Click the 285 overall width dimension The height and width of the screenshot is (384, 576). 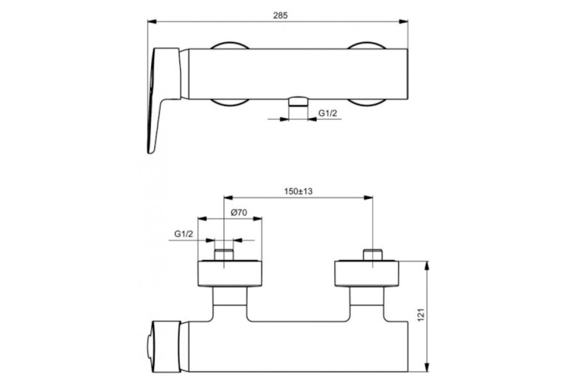pos(280,15)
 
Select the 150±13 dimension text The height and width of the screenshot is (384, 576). pos(298,191)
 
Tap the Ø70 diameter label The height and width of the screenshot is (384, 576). pos(239,213)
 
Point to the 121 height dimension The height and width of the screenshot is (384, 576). pos(421,316)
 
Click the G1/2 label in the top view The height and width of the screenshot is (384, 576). pos(328,113)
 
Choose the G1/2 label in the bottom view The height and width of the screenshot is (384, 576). pos(184,233)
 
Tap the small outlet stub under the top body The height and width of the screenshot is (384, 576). pos(298,102)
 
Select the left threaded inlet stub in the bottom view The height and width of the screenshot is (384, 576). pos(224,255)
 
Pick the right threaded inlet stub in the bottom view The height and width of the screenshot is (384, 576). pos(373,255)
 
